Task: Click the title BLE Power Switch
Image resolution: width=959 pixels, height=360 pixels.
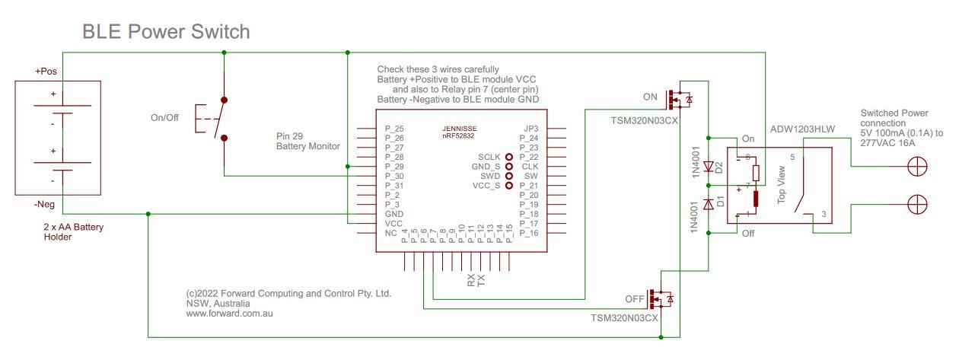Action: click(165, 32)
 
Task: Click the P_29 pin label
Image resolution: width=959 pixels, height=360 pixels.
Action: click(394, 166)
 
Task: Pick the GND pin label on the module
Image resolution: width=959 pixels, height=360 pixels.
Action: click(393, 215)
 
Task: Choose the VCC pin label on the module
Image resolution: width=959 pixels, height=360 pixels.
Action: click(393, 224)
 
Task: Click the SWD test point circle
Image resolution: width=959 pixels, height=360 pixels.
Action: click(509, 175)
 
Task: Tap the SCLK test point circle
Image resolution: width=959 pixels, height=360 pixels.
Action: click(509, 156)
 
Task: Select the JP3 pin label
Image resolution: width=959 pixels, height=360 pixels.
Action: click(530, 129)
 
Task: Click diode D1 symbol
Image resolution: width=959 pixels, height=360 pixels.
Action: click(709, 204)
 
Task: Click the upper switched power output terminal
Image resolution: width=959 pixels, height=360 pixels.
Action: click(918, 167)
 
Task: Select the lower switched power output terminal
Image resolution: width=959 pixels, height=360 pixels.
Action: click(918, 204)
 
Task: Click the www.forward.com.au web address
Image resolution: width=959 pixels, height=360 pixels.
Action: click(229, 313)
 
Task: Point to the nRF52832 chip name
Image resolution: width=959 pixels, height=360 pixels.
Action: click(460, 136)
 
